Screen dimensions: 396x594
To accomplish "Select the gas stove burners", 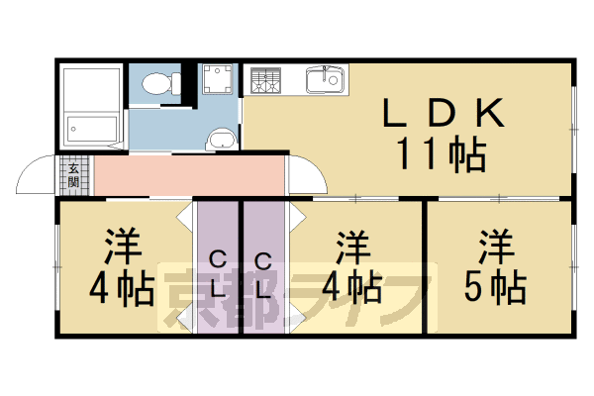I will coord(265,82).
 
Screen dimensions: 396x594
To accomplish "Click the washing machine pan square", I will coord(217,80).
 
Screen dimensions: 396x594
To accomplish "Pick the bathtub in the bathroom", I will coord(93,128).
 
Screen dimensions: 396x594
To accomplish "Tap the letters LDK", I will coord(445,115).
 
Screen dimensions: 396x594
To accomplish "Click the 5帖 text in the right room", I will coord(494,286).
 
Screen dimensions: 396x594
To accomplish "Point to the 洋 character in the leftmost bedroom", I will coord(123,245).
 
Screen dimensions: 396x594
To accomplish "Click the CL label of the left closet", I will coord(219,275).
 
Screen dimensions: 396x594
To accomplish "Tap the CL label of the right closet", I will coord(263,275).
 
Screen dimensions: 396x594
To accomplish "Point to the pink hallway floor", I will coord(188,176).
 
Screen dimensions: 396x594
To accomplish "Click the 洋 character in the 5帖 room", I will coord(495,244).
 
